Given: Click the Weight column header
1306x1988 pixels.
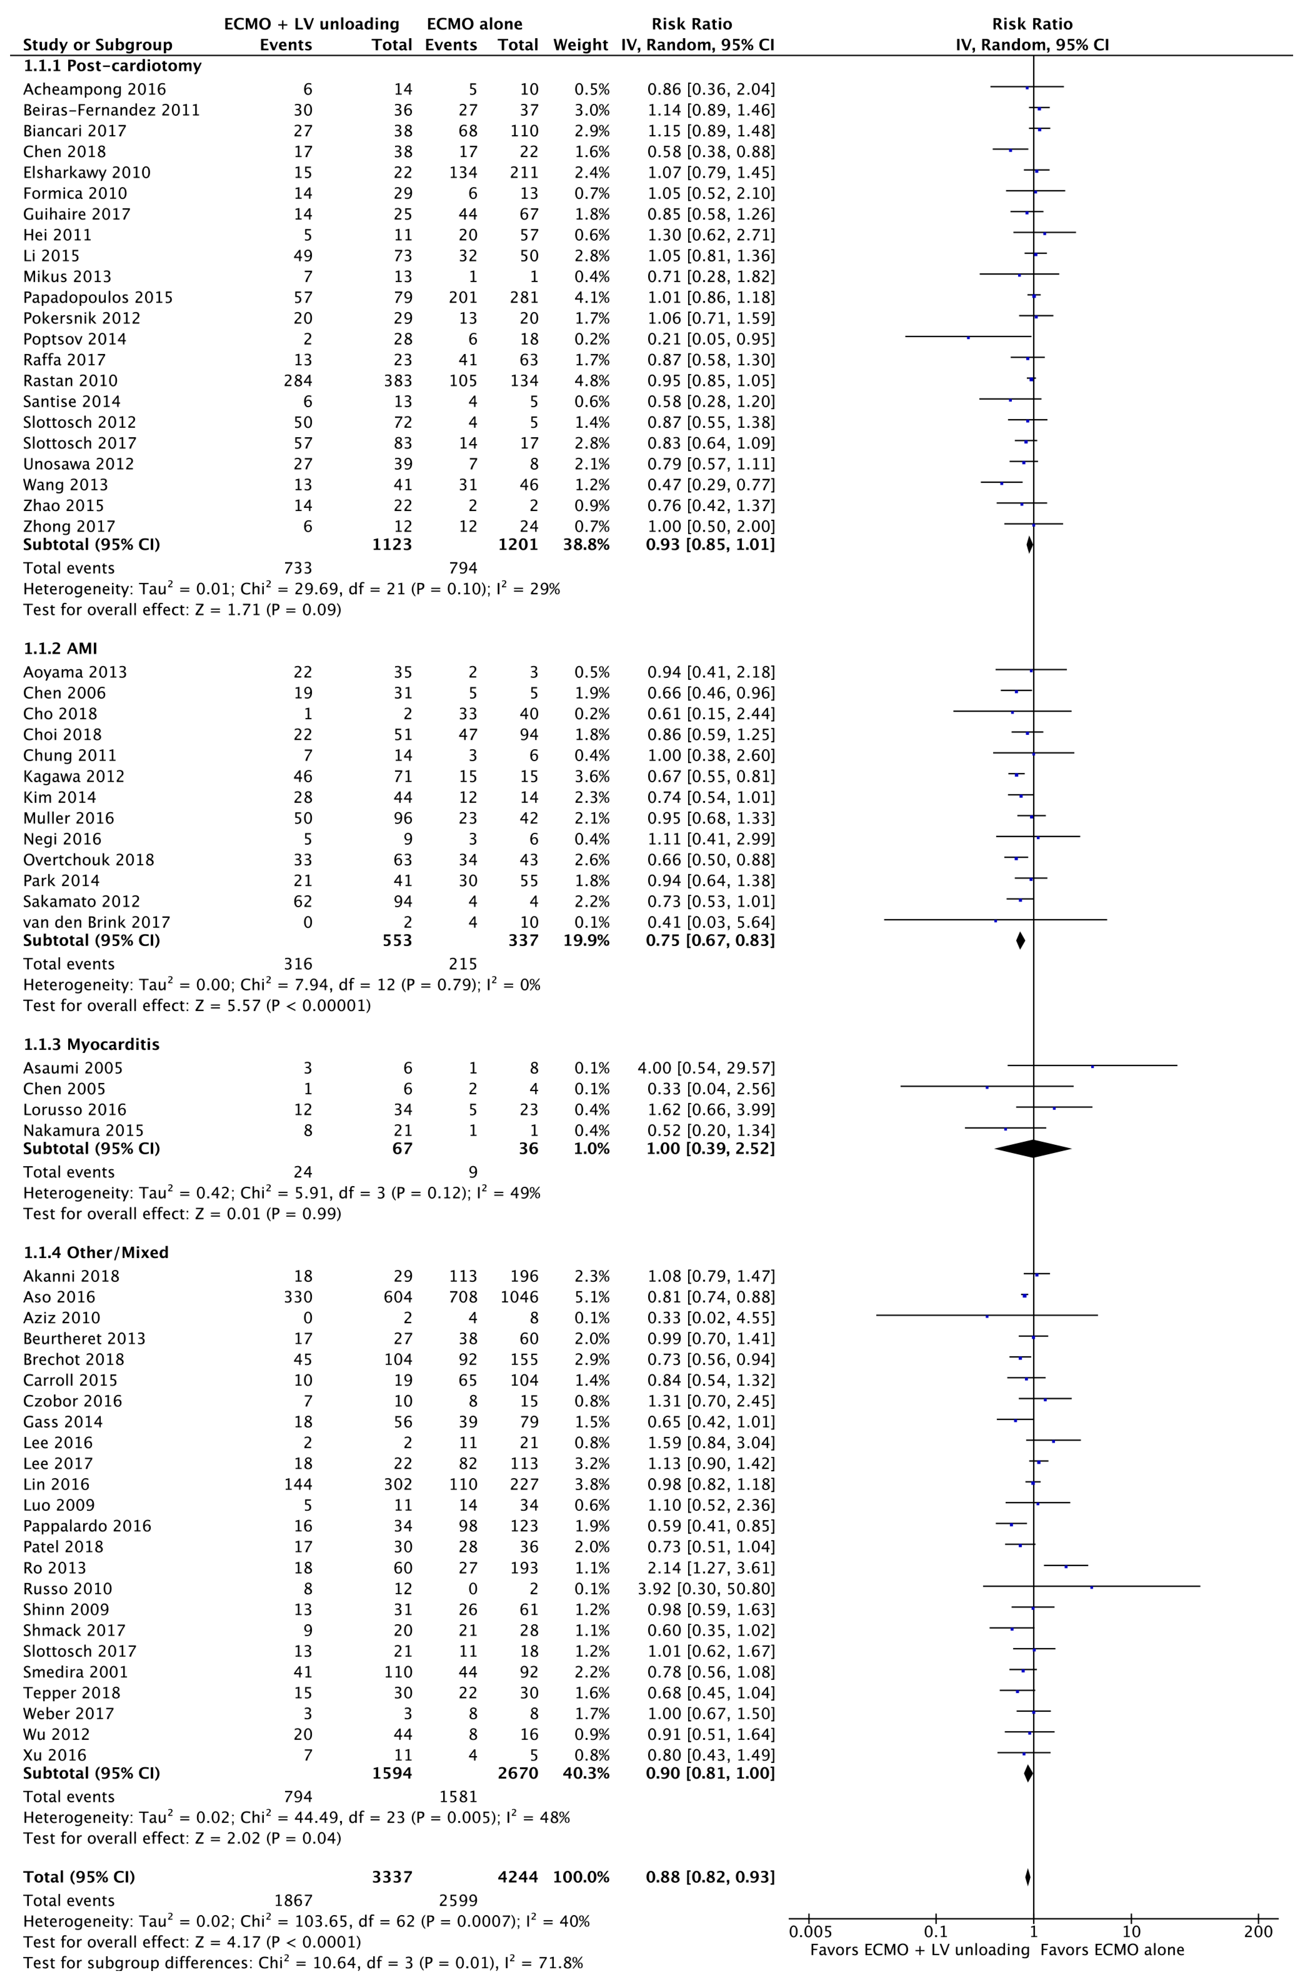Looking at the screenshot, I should pyautogui.click(x=580, y=45).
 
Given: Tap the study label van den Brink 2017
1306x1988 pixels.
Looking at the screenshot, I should pyautogui.click(x=97, y=922).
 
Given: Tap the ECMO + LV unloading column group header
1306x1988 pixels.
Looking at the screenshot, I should pyautogui.click(x=312, y=24).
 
